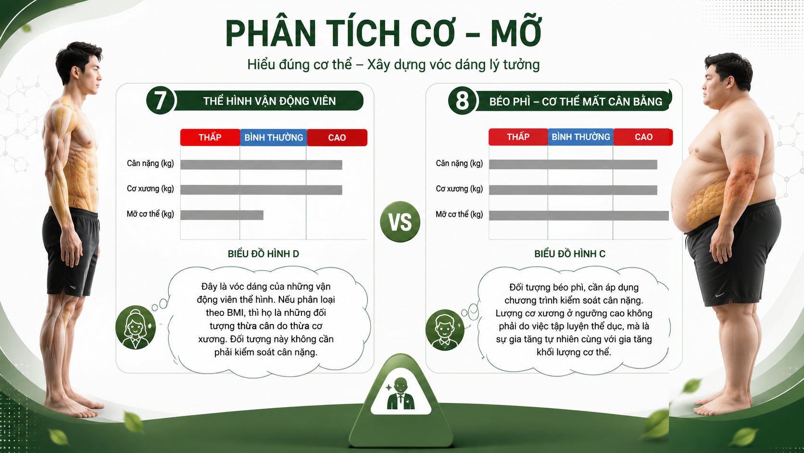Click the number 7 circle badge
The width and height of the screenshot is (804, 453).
(160, 101)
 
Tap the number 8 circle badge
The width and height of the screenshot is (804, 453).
(462, 101)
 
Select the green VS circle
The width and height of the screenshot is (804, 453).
(400, 221)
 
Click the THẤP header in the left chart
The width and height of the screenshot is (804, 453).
(210, 137)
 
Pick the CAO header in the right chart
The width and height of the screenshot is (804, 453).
(643, 137)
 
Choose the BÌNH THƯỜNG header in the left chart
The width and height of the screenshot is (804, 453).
(274, 137)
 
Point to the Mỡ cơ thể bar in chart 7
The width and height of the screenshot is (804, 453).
(222, 215)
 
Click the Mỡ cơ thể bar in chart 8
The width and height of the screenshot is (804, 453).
(579, 216)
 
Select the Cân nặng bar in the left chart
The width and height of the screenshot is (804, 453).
(261, 165)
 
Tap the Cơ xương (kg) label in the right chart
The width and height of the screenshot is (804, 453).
(459, 189)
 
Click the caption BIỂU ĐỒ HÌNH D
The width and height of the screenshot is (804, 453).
(264, 254)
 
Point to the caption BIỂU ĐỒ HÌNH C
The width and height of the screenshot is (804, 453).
(570, 254)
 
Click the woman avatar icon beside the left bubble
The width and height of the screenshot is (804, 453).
(135, 328)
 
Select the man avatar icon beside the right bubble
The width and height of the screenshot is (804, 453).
(445, 330)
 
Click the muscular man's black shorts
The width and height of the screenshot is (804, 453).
(71, 251)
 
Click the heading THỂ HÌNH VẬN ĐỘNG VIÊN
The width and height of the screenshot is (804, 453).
(270, 101)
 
